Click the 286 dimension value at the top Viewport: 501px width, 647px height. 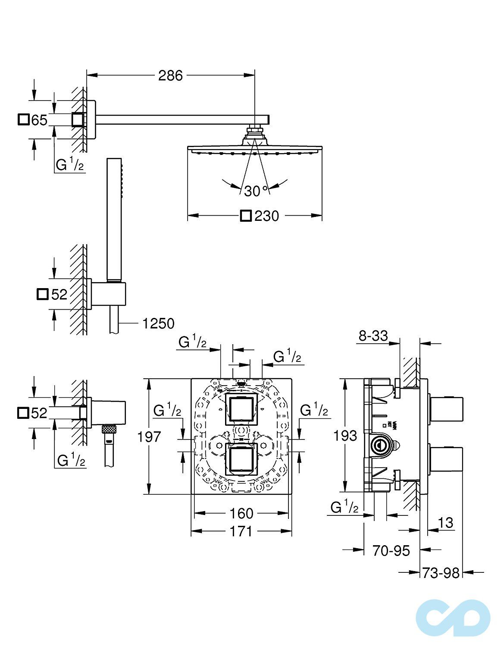tap(170, 75)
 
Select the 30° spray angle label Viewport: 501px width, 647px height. tap(256, 191)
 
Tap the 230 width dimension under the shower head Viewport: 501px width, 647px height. tap(266, 216)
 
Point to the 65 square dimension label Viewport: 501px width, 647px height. tap(39, 120)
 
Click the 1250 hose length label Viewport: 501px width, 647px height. tap(158, 323)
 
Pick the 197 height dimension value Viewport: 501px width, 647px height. tap(149, 437)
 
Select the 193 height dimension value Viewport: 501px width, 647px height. tap(345, 435)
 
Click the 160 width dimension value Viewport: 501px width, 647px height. tap(241, 513)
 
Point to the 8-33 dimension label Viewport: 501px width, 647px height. tap(373, 335)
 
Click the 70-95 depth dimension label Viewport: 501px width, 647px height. tap(391, 550)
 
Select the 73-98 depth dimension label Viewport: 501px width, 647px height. tap(440, 573)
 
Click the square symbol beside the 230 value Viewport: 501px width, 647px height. tap(246, 216)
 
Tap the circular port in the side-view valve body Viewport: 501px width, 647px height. tap(381, 446)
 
